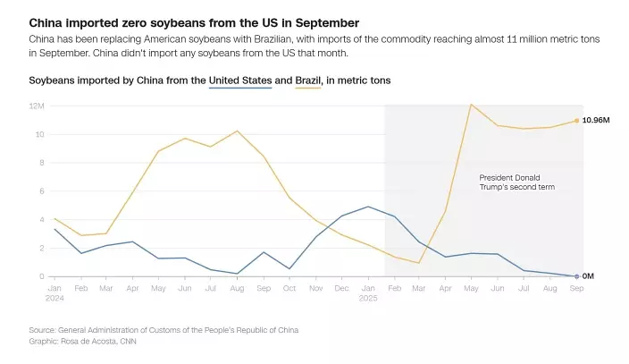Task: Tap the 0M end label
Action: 589,276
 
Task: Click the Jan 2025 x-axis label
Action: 368,292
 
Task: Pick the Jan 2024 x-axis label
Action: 55,292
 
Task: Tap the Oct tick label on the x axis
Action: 289,288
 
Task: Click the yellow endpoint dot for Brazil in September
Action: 576,121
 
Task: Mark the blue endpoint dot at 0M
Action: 576,276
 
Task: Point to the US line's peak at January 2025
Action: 368,207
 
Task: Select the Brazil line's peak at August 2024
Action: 238,131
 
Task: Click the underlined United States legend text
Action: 239,80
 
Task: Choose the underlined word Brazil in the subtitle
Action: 308,80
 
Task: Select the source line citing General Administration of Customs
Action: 164,330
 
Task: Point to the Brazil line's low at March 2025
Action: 419,263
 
